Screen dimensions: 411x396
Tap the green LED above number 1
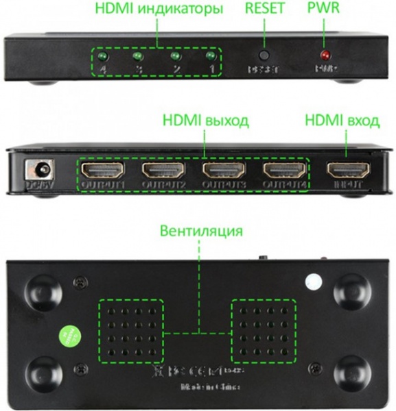click(x=209, y=55)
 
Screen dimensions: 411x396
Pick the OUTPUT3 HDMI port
click(x=220, y=170)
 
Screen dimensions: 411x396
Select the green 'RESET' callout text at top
click(x=265, y=10)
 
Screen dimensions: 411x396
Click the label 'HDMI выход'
click(x=205, y=121)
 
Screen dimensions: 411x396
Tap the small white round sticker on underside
click(x=314, y=280)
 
